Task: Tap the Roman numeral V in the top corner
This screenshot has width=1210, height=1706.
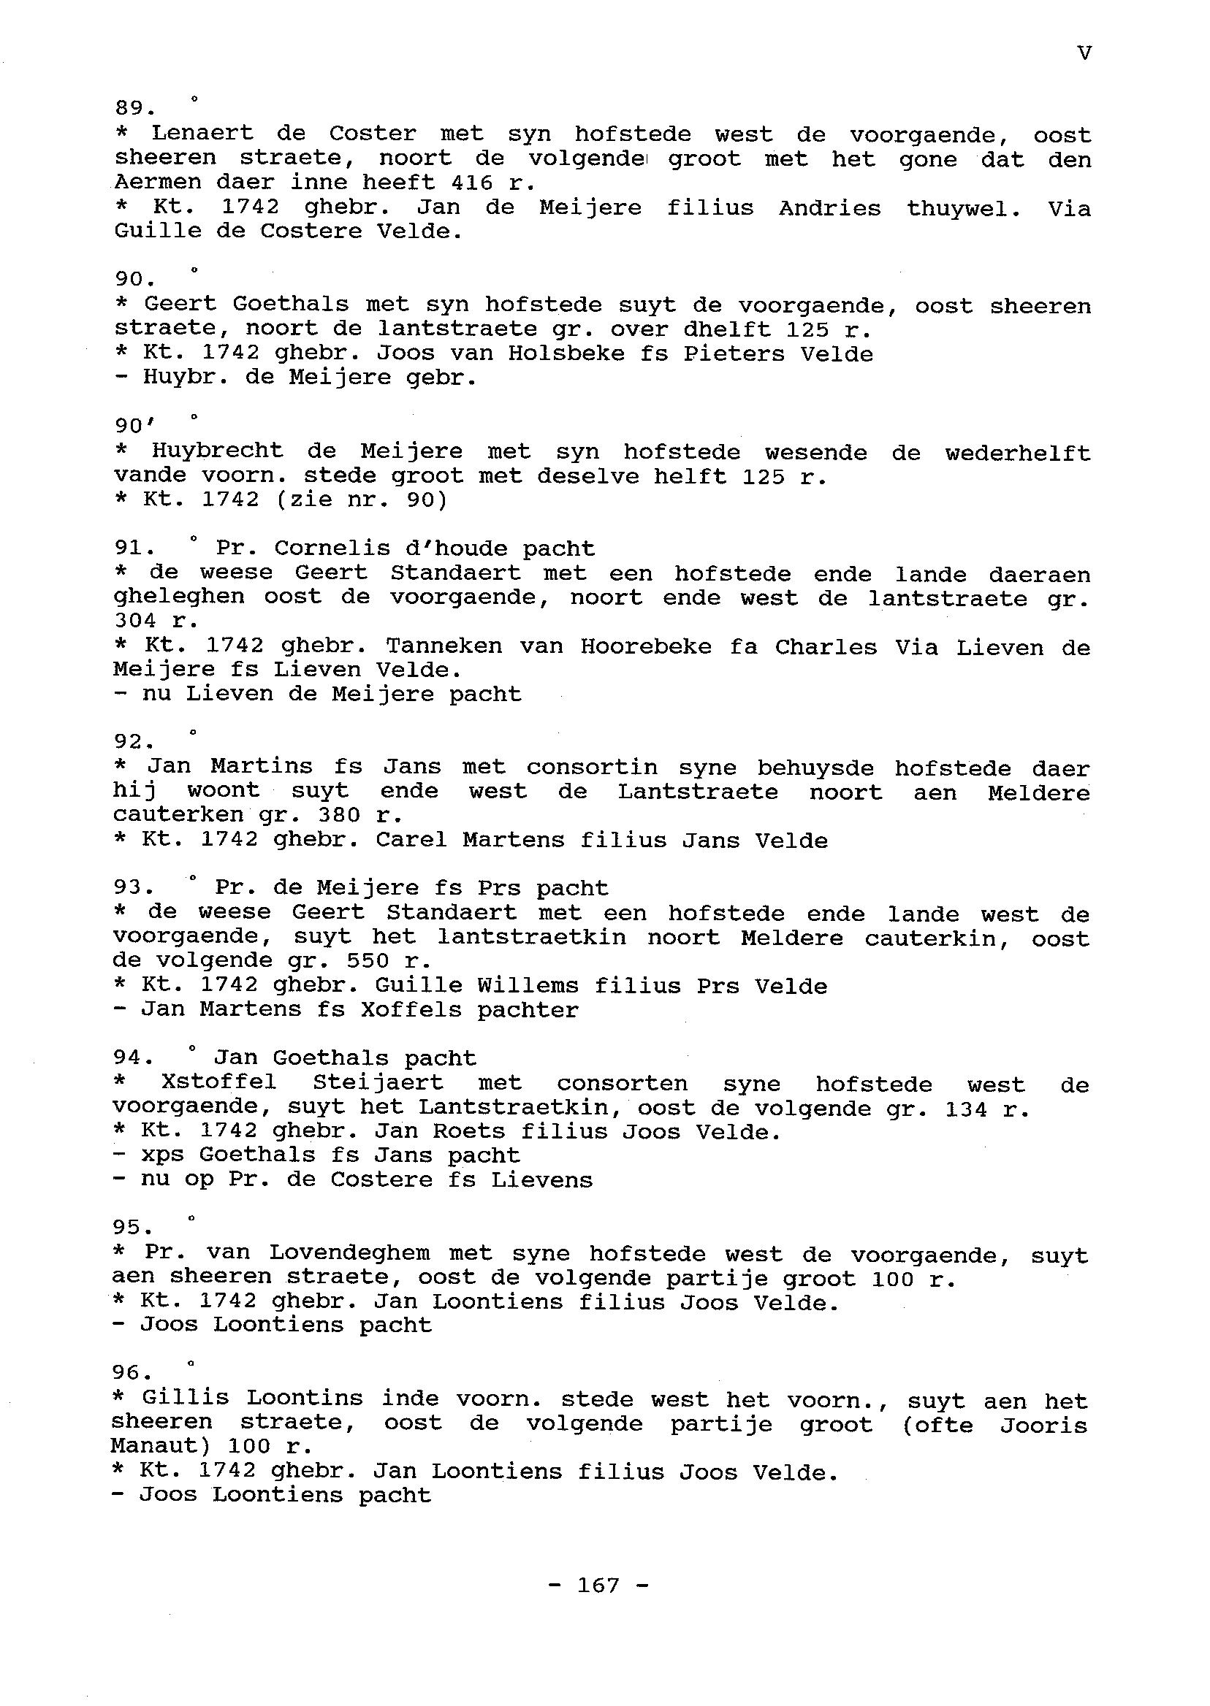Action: click(1084, 53)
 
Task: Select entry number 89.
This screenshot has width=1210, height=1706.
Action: click(134, 109)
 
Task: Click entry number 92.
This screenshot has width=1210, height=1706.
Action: click(134, 742)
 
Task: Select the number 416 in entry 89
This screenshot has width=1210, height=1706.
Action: click(471, 183)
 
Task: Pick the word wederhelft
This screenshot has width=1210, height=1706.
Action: click(1017, 454)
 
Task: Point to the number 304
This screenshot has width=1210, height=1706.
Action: click(135, 621)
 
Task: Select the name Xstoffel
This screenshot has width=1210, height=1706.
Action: click(218, 1084)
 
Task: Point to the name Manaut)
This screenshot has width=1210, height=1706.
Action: click(161, 1447)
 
